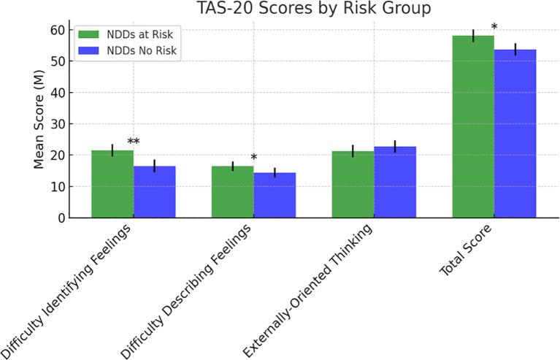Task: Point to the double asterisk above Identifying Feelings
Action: pos(134,142)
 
